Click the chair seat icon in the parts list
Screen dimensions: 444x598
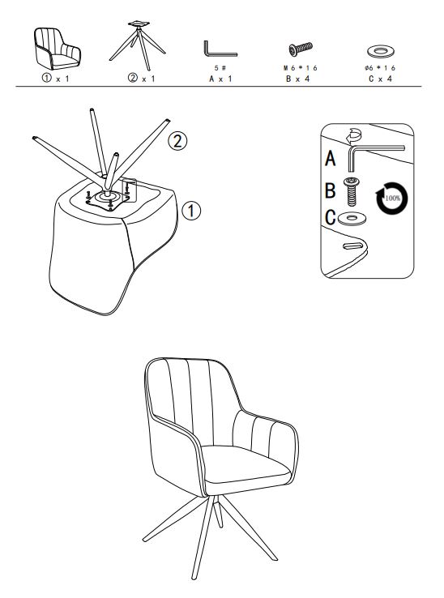[58, 49]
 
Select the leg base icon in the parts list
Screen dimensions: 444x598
[137, 45]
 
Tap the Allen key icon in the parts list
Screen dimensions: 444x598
[220, 49]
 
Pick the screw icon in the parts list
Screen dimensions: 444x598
[301, 49]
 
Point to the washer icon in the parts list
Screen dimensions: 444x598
[381, 51]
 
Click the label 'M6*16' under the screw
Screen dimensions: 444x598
[301, 68]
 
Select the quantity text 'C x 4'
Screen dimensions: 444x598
[380, 79]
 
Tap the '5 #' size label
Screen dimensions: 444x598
[220, 68]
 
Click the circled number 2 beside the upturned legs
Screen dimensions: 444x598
[177, 141]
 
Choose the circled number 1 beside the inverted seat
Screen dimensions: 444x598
[191, 211]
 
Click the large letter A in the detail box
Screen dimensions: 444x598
[331, 158]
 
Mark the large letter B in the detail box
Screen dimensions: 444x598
[331, 190]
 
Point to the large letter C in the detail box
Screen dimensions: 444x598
[331, 217]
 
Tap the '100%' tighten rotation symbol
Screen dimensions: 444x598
[392, 199]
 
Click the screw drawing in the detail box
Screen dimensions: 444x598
[352, 192]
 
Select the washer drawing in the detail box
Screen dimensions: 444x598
[352, 218]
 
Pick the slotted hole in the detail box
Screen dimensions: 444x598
[352, 246]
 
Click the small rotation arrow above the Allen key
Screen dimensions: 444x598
[353, 136]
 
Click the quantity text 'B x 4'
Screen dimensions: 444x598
[298, 79]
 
